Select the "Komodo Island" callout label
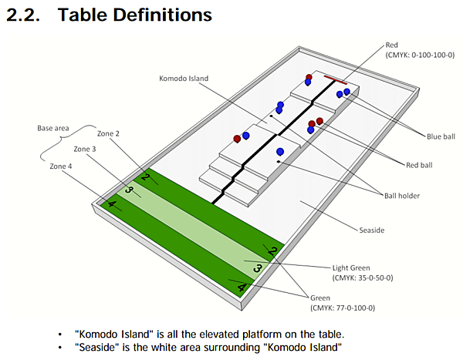tap(184, 78)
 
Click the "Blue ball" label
tap(441, 136)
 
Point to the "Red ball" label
tap(420, 164)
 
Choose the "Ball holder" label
tap(402, 195)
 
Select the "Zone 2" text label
tap(107, 133)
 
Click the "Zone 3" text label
tap(85, 149)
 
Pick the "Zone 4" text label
tap(61, 166)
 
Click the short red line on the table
tap(335, 79)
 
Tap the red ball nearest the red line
tap(309, 78)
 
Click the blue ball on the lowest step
tap(280, 151)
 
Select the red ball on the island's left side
tap(237, 139)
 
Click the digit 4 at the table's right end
tap(242, 288)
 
